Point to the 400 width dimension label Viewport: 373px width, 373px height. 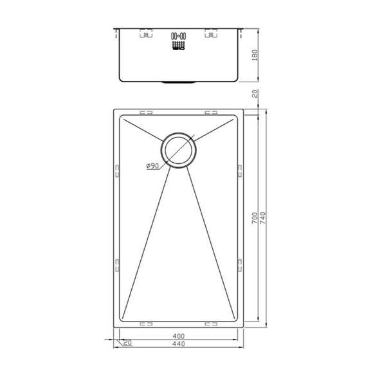click(x=180, y=336)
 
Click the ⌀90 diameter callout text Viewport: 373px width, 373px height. click(x=153, y=167)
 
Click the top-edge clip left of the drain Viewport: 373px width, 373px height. click(x=147, y=113)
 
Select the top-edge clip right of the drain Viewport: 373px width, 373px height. click(x=211, y=113)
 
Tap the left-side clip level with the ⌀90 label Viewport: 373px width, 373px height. click(x=116, y=170)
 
